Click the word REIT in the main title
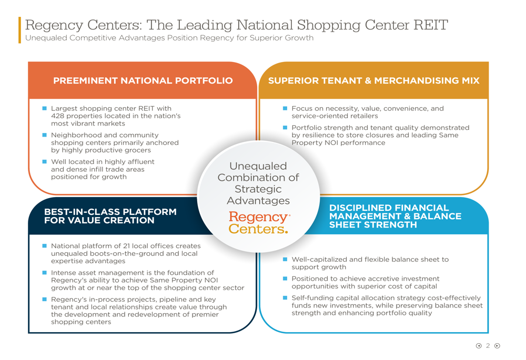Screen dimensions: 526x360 coord(430,25)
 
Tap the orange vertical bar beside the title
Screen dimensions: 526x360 coord(20,30)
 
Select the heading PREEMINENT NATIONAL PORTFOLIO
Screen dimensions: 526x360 coord(143,81)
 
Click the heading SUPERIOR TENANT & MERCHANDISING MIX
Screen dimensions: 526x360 coord(373,81)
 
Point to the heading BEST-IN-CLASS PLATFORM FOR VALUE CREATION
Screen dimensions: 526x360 coord(110,216)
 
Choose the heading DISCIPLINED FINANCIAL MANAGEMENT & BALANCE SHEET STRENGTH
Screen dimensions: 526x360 coord(395,216)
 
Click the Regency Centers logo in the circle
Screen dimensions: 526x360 coord(259,223)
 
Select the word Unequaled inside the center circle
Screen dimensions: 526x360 coord(258,166)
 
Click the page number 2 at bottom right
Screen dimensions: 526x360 coord(488,346)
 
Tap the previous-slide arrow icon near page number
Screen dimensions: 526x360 coord(479,346)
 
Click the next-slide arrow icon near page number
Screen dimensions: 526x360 coord(498,346)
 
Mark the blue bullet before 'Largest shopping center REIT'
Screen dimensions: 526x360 coord(44,108)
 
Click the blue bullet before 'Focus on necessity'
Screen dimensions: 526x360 coord(285,108)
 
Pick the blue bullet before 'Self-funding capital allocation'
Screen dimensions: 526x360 coord(285,297)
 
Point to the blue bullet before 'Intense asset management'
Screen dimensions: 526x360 coord(44,273)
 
